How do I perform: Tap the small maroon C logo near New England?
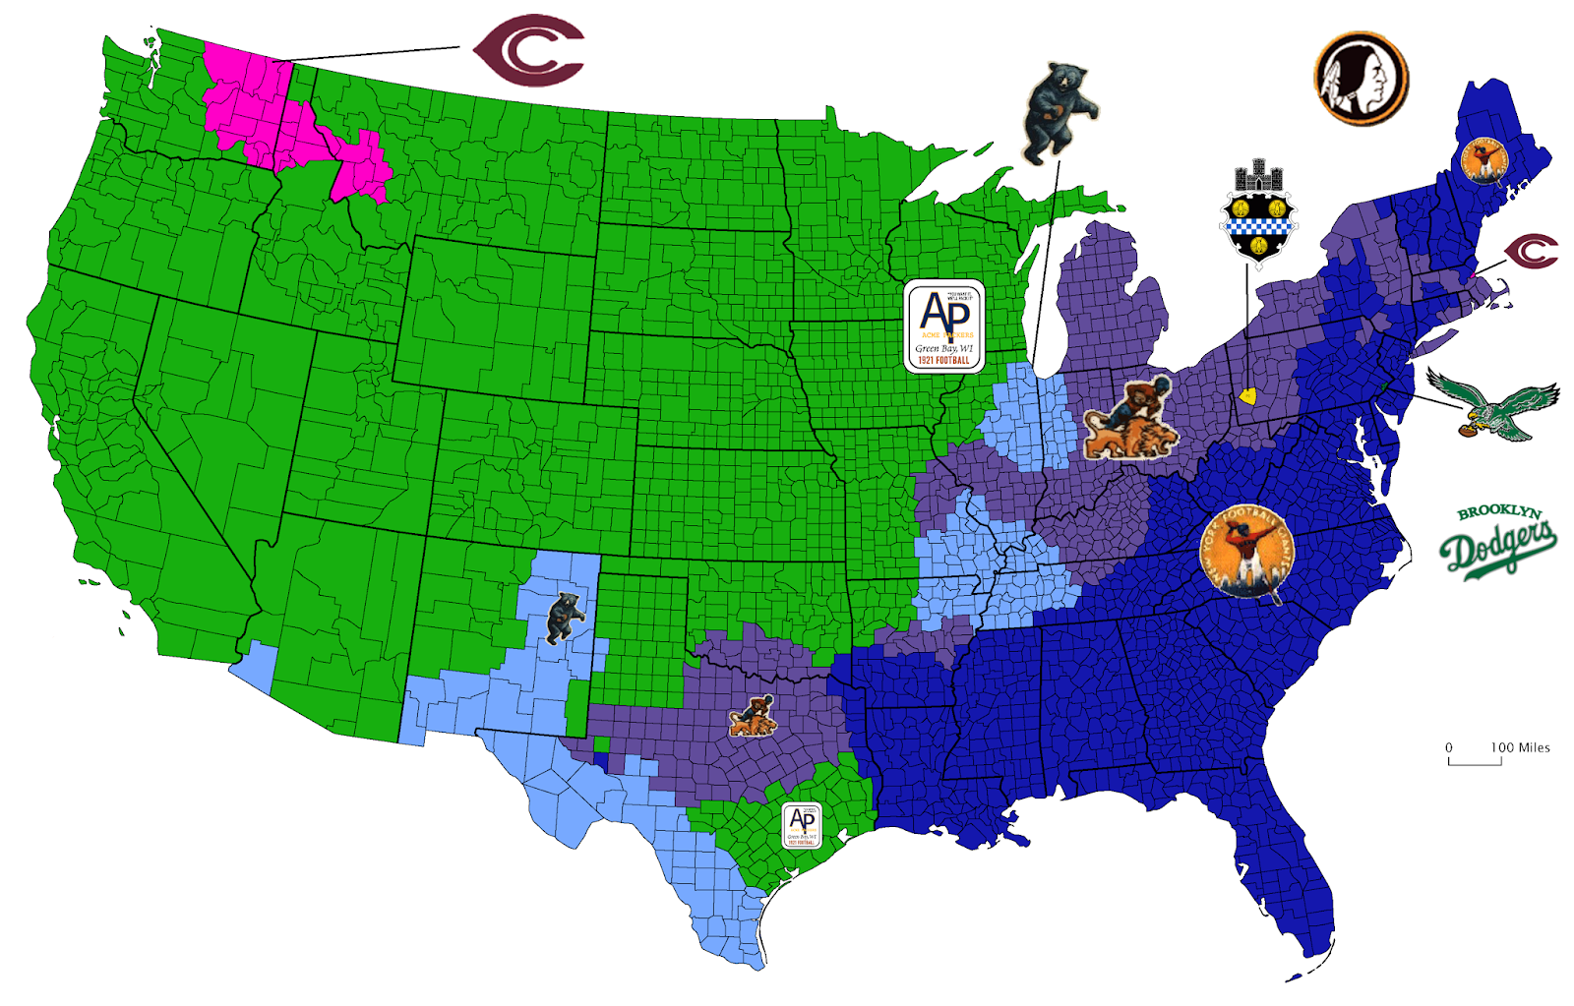[1532, 252]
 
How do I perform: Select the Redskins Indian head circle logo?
[1361, 79]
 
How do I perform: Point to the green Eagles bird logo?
[1494, 404]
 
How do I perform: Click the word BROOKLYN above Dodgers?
[1498, 511]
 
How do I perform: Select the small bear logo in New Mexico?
[564, 617]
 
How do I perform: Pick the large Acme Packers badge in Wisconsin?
[944, 326]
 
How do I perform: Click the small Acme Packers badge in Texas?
[802, 825]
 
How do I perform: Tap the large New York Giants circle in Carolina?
[1246, 553]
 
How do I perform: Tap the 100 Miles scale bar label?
[1520, 747]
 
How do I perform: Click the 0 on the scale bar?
[1448, 747]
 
